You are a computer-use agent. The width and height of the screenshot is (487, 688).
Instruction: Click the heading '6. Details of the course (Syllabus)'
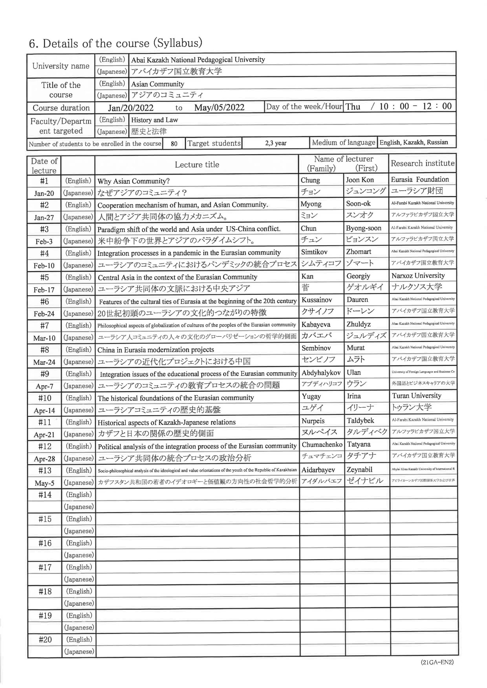point(115,44)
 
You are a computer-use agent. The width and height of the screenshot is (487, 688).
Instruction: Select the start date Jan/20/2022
point(131,107)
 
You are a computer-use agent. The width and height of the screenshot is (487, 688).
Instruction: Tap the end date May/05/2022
point(219,107)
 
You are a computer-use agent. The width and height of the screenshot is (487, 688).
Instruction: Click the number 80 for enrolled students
point(174,144)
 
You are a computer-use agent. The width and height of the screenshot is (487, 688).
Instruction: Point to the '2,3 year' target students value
point(276,143)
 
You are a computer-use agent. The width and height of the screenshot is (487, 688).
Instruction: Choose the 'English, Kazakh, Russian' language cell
point(414,142)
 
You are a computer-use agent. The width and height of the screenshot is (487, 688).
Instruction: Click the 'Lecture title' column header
point(197,164)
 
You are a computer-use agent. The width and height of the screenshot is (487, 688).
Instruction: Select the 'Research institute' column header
point(422,163)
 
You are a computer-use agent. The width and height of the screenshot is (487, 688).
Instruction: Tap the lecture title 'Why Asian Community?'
point(133,181)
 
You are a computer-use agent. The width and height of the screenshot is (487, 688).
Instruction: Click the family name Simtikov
point(314,252)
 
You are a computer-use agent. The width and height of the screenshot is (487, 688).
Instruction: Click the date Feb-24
point(44,314)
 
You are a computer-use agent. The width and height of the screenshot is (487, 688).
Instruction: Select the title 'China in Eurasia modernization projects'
point(156,350)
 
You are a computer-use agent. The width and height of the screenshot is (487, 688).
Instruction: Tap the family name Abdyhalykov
point(321,373)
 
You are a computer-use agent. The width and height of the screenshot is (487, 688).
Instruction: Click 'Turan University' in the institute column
point(417,396)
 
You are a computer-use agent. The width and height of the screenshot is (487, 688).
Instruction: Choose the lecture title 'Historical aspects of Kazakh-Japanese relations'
point(166,422)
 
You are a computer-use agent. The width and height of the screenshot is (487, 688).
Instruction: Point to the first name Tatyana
point(359,445)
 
